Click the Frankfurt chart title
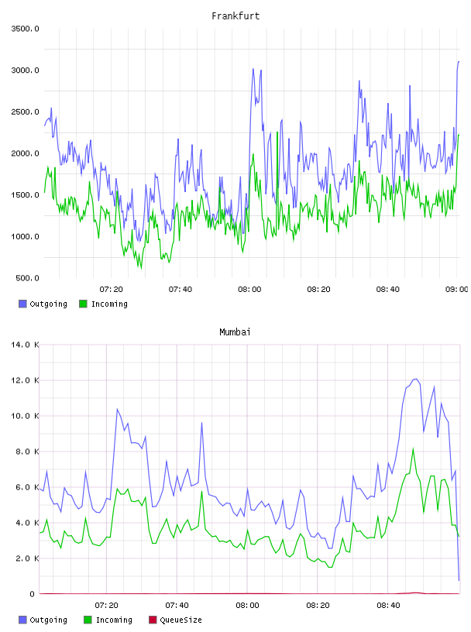tap(235, 16)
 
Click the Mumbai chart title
tap(235, 332)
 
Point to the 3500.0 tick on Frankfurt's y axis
tap(25, 29)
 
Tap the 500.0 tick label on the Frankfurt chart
tap(27, 278)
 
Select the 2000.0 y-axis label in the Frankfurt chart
tap(25, 153)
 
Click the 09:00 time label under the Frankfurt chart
tap(457, 290)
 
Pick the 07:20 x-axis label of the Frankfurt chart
tap(112, 290)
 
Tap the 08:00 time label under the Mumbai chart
tap(248, 606)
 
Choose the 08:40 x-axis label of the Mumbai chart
tap(388, 606)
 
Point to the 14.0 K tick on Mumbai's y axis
tap(25, 345)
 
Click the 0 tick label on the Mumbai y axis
tap(33, 594)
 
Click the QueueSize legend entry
tap(180, 620)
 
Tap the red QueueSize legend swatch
tap(153, 620)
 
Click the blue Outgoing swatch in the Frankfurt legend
tap(22, 304)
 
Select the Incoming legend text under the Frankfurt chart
tap(109, 304)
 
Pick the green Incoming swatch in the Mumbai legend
tap(88, 620)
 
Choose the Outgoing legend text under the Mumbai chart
tap(48, 620)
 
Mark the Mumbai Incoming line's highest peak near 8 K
tap(413, 448)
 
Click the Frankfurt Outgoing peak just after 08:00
tap(253, 69)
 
